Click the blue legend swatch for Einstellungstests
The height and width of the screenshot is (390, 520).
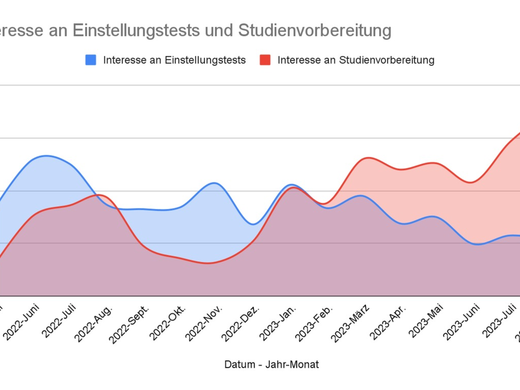91,60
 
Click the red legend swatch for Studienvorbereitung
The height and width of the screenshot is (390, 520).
265,60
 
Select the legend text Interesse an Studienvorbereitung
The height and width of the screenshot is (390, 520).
356,60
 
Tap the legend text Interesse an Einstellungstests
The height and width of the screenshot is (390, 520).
174,60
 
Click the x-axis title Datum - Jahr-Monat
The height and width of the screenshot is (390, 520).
271,364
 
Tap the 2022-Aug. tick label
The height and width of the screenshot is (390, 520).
94,323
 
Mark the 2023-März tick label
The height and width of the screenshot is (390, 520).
351,323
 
